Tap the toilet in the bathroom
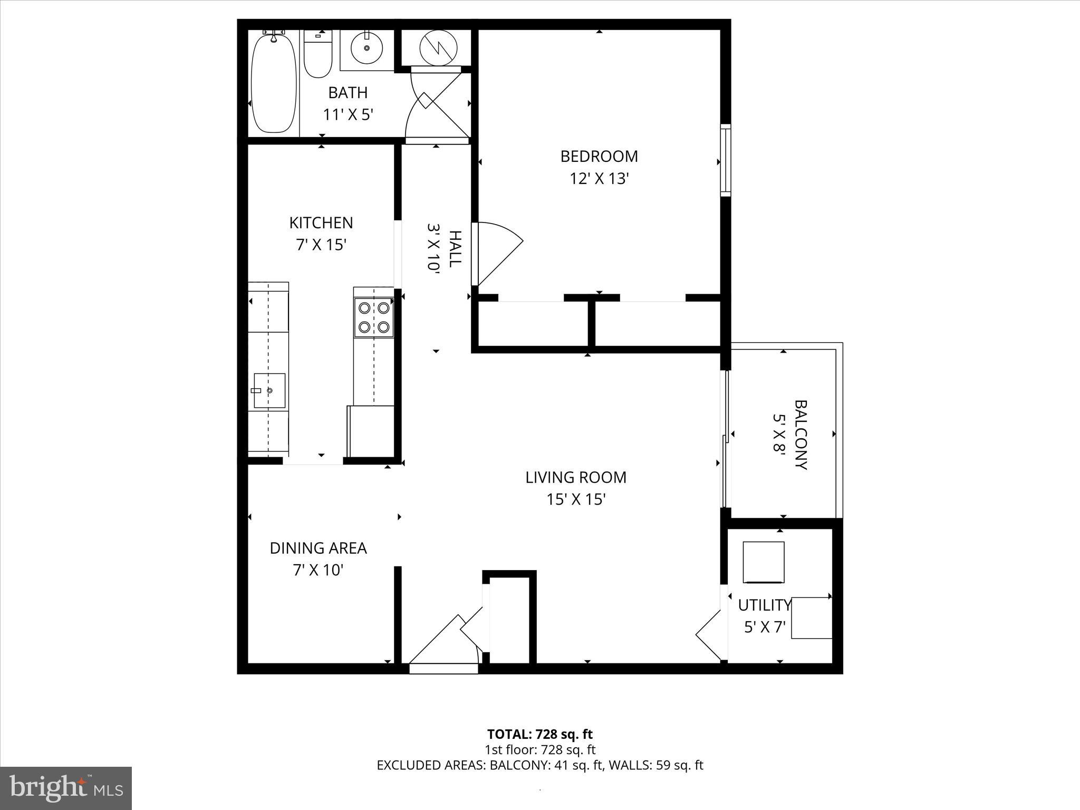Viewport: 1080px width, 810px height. pos(318,55)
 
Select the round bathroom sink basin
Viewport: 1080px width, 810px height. pos(366,48)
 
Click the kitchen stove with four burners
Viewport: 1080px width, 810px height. pos(374,317)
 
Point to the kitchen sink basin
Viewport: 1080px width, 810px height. pos(269,391)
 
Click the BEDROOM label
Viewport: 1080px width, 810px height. pos(599,157)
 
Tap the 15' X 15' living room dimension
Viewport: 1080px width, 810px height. pos(576,499)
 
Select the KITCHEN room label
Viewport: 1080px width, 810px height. pos(321,223)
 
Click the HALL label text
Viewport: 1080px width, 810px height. pos(455,249)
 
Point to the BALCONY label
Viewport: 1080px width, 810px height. pos(801,435)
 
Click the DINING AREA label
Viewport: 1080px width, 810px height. pos(318,548)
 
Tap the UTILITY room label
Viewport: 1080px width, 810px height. pos(764,605)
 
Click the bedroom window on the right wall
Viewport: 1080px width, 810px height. pos(726,160)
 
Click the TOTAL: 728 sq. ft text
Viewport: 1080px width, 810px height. pos(539,734)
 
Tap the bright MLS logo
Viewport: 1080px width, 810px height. pos(66,788)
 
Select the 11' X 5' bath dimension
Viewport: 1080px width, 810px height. pos(348,114)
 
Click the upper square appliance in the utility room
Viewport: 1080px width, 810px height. pos(763,562)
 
